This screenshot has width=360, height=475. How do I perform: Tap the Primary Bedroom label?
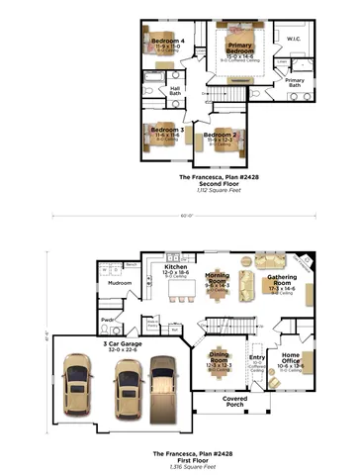(x=239, y=47)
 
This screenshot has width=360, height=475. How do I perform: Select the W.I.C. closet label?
(x=294, y=40)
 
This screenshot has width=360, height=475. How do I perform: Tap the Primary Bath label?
(x=295, y=82)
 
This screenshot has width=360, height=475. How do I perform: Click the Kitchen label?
(x=175, y=268)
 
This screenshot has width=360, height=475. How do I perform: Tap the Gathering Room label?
(x=283, y=279)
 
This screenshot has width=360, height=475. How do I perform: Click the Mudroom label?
(x=120, y=283)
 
